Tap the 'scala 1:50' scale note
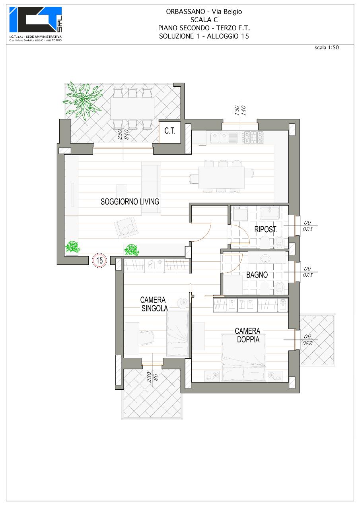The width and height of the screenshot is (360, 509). (326, 47)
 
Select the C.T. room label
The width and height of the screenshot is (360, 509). (169, 131)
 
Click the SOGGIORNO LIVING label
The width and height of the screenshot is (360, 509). (130, 202)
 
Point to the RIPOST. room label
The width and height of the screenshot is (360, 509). (266, 229)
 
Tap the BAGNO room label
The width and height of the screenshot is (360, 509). (257, 275)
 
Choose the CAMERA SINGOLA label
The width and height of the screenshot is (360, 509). (154, 304)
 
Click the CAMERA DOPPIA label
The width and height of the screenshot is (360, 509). (248, 335)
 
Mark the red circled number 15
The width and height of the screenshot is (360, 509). (99, 260)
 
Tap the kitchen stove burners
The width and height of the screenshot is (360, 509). (254, 137)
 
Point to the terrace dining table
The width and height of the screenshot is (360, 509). (132, 109)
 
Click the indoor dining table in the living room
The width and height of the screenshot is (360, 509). (221, 177)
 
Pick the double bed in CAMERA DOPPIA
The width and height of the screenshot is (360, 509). (243, 357)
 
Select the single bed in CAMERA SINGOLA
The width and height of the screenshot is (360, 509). (178, 333)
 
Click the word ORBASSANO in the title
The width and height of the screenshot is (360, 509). (185, 12)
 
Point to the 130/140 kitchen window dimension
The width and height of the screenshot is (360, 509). (240, 111)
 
